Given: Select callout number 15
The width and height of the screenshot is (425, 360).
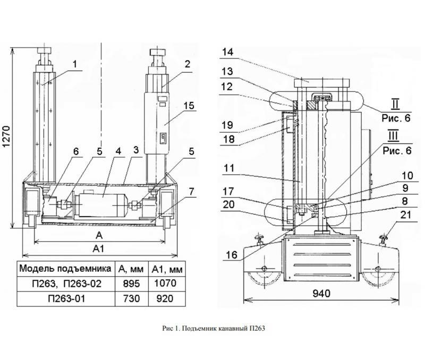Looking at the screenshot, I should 189,105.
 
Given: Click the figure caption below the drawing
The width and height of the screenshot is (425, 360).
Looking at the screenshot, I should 212,329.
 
